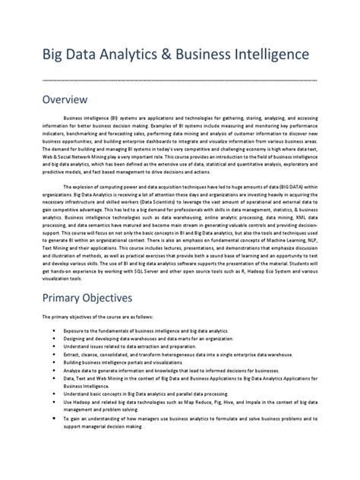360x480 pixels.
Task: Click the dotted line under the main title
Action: tap(179, 78)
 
